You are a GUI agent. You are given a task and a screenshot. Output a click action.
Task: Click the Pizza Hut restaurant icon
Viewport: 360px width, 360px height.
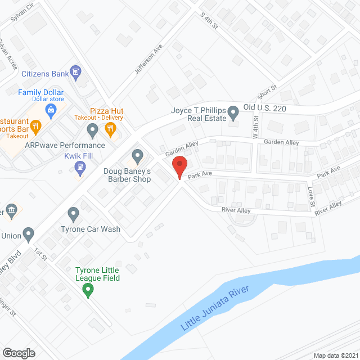pyautogui.click(x=110, y=129)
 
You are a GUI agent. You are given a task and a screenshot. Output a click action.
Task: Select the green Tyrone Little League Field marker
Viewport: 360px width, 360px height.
pyautogui.click(x=88, y=291)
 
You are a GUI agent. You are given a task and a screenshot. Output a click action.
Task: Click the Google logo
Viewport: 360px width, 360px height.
pyautogui.click(x=18, y=353)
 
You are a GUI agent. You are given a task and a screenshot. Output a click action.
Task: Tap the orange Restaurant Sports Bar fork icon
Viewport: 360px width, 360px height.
pyautogui.click(x=36, y=126)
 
